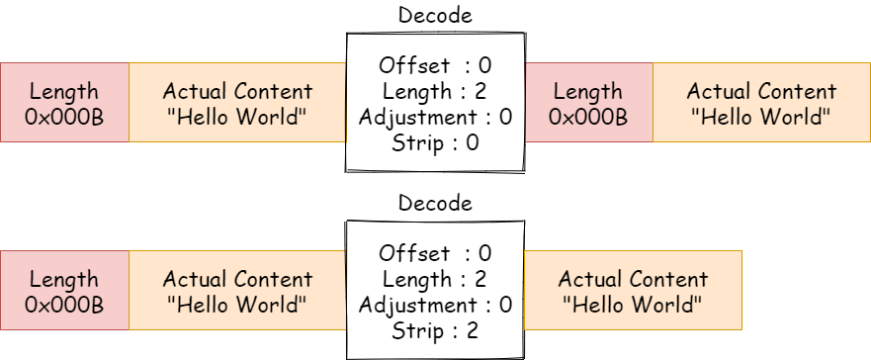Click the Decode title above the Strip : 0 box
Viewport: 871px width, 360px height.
(x=435, y=16)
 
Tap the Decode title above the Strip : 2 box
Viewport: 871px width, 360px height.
(x=435, y=204)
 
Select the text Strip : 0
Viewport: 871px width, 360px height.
(x=435, y=142)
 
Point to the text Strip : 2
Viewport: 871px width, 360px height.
(x=435, y=330)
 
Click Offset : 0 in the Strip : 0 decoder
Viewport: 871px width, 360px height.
(x=435, y=66)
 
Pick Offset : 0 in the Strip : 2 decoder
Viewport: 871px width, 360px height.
(x=435, y=254)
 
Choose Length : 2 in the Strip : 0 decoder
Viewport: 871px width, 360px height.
(x=435, y=92)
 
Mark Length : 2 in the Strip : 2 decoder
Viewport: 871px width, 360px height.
(x=435, y=280)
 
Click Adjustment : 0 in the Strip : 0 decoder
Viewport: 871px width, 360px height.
(x=435, y=118)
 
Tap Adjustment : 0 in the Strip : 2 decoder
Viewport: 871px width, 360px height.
(x=435, y=305)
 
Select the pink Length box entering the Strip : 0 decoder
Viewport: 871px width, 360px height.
(x=64, y=103)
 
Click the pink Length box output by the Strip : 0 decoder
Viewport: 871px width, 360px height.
(x=588, y=103)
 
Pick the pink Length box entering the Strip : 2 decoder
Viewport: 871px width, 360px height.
(x=64, y=291)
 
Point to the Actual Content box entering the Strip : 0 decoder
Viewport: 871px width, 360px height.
(x=237, y=103)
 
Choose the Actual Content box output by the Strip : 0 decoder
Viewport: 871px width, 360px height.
(x=761, y=103)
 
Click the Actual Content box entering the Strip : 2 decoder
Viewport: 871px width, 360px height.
(x=237, y=291)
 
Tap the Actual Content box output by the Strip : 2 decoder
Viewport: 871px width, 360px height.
(x=633, y=291)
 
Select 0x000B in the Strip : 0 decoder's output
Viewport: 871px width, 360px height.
(x=588, y=117)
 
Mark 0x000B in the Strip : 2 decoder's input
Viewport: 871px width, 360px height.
(x=64, y=305)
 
